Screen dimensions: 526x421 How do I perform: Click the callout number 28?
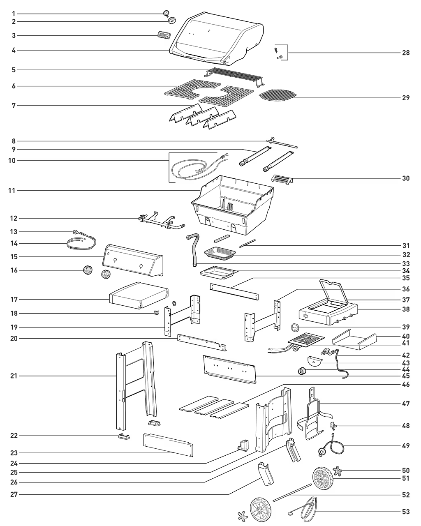pos(406,53)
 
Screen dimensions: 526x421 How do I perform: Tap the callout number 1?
pos(14,14)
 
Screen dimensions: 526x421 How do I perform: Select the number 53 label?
pos(406,512)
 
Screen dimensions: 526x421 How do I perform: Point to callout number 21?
pos(14,376)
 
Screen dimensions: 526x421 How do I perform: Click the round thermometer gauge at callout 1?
pos(166,13)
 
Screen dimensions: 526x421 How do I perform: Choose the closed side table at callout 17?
pos(139,295)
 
